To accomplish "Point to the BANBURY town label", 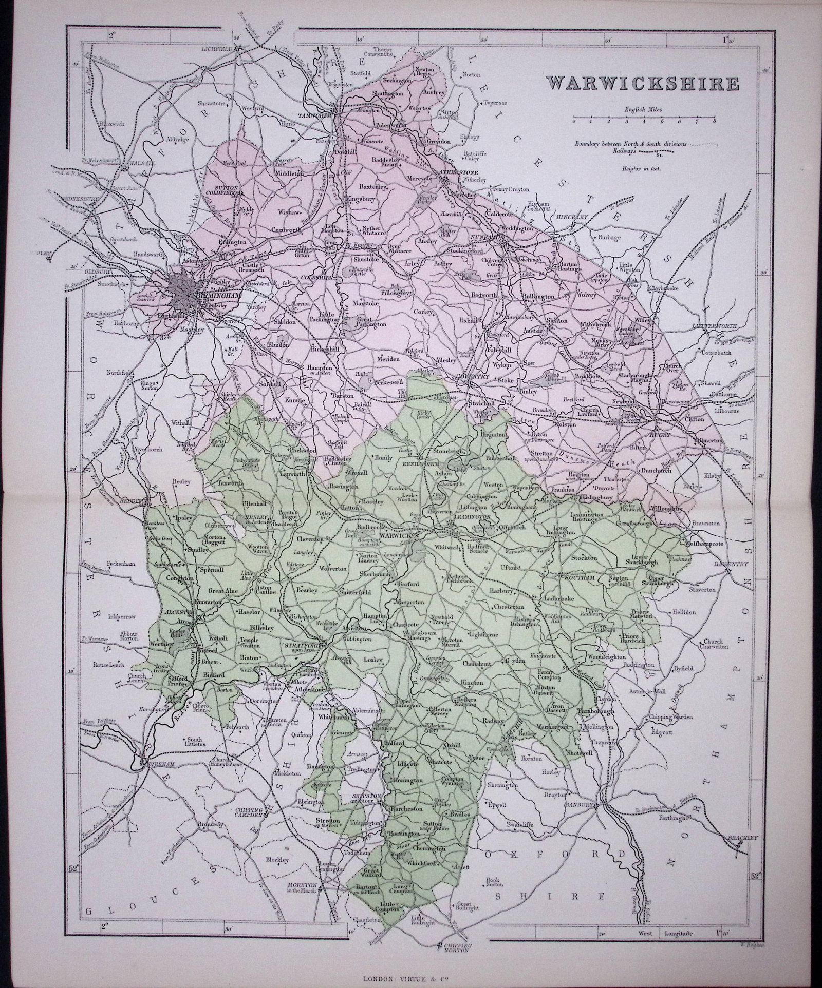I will [x=580, y=805].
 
